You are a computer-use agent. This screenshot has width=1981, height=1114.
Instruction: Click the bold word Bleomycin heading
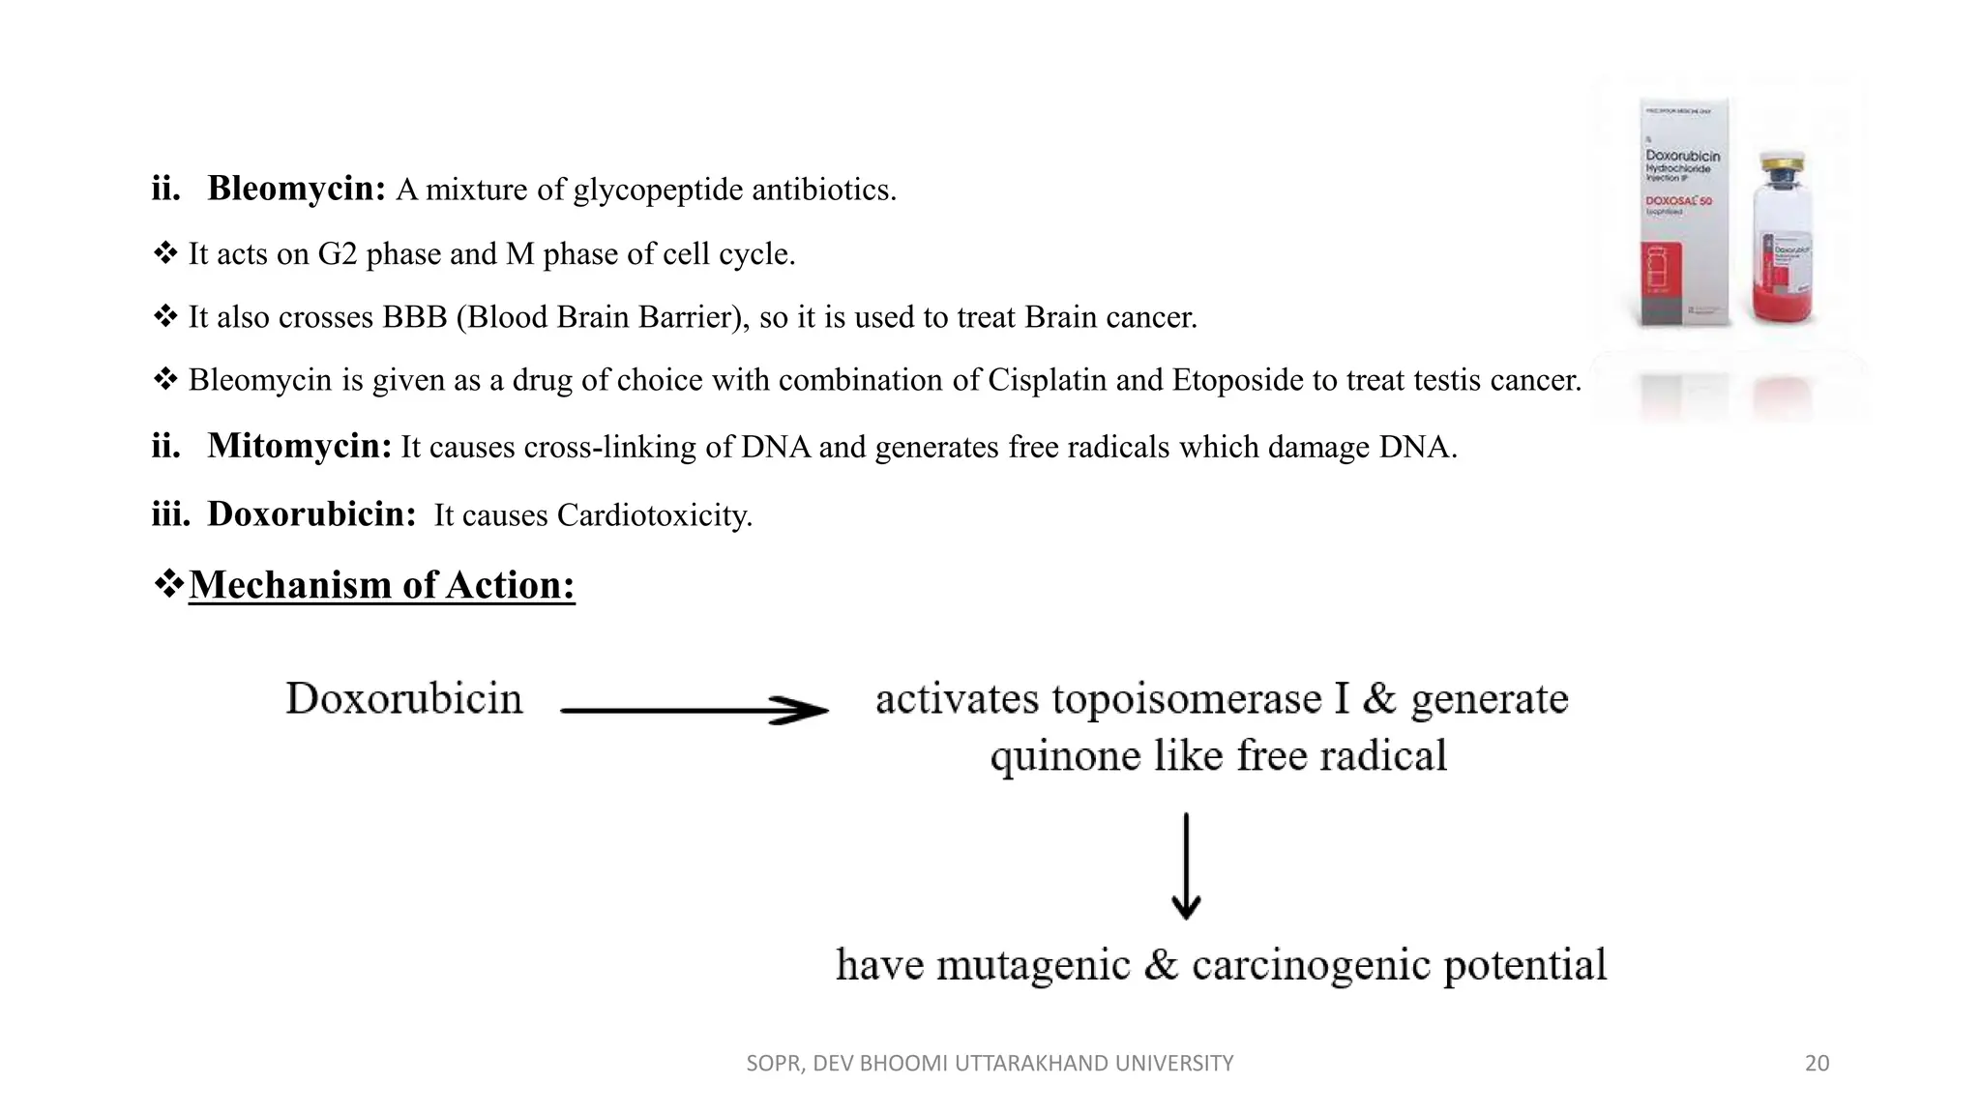(296, 189)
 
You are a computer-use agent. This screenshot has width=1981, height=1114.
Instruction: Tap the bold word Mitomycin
(299, 446)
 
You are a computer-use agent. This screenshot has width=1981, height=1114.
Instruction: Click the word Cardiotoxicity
(654, 515)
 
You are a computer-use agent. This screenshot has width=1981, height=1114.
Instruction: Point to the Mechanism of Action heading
(381, 585)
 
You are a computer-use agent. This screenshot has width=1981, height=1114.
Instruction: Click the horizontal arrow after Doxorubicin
(694, 711)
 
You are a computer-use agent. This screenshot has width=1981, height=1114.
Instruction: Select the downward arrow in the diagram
(1186, 865)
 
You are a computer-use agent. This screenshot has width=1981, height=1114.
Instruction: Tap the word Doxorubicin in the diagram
(404, 698)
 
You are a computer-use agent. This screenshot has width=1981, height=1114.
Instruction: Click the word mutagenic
(1033, 965)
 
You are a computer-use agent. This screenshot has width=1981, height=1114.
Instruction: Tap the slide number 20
(1817, 1064)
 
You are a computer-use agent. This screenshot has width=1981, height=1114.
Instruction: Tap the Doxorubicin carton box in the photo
(1683, 213)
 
